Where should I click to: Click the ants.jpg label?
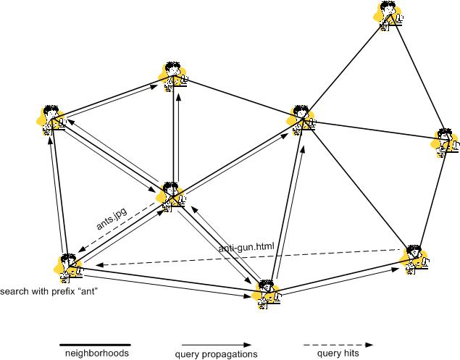tap(112, 217)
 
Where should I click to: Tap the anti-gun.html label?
tap(246, 248)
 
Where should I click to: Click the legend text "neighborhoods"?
tap(93, 354)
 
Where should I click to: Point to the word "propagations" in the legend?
tap(227, 354)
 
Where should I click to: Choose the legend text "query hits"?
tap(338, 354)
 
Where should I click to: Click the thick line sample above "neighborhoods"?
tap(94, 345)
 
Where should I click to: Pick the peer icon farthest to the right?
tap(446, 142)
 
